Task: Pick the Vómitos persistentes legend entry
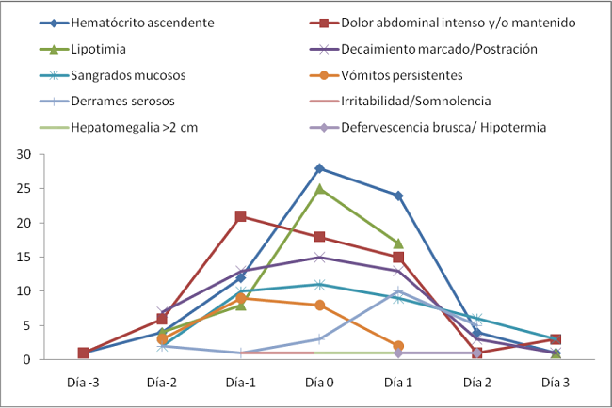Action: pyautogui.click(x=401, y=74)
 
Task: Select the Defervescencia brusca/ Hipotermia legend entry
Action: pyautogui.click(x=439, y=127)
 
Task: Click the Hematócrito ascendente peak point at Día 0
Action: pyautogui.click(x=319, y=168)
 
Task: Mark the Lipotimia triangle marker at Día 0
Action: pyautogui.click(x=319, y=188)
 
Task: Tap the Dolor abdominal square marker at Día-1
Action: pyautogui.click(x=241, y=216)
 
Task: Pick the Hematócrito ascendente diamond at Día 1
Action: pyautogui.click(x=398, y=196)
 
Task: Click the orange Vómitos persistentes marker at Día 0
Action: pyautogui.click(x=319, y=305)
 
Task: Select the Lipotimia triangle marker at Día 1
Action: pyautogui.click(x=398, y=243)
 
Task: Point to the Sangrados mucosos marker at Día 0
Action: pyautogui.click(x=319, y=284)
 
